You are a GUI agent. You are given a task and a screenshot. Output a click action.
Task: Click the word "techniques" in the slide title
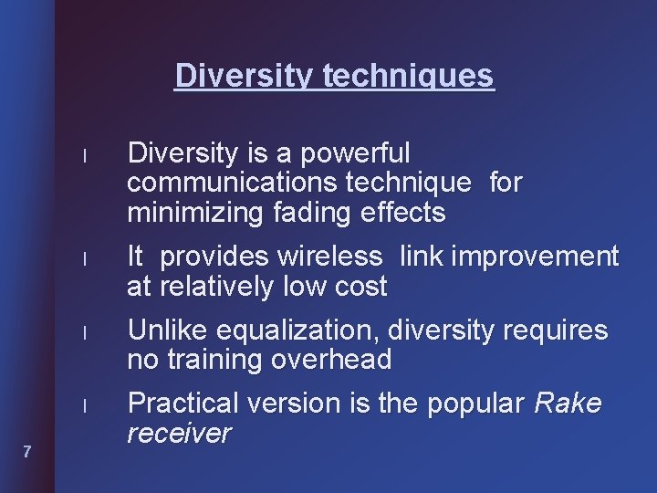(408, 75)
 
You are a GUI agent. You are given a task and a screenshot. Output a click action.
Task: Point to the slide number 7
(27, 451)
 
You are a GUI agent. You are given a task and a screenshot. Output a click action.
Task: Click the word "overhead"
(332, 360)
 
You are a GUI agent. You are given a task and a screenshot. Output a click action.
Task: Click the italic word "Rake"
(568, 403)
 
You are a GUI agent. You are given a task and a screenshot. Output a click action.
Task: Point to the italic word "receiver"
(179, 433)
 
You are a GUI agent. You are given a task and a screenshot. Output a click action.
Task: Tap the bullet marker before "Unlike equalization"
(83, 332)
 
